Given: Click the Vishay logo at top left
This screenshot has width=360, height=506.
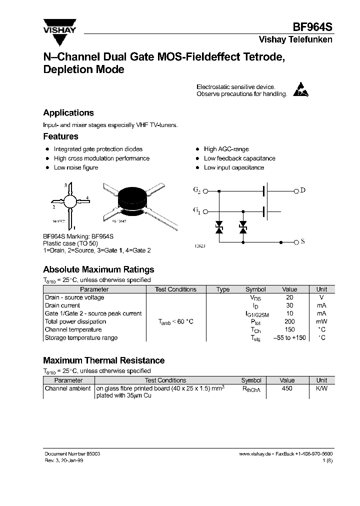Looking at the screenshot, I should coord(58,26).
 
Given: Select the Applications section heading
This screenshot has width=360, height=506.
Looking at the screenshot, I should coord(68,113).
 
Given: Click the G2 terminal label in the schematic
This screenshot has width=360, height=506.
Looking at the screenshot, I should coord(196,190).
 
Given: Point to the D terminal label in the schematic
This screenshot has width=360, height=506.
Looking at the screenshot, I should coord(303,190).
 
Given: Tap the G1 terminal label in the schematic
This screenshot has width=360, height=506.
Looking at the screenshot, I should coord(196,211).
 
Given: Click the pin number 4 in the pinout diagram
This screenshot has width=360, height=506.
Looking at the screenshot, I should coord(87,197).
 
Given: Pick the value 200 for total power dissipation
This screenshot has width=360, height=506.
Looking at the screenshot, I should coord(289,321).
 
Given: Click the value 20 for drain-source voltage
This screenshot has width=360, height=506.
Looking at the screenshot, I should coord(289,297).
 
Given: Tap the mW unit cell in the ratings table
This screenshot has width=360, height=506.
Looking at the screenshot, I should coord(321,321).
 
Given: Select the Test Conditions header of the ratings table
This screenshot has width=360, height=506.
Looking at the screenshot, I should coord(175,289).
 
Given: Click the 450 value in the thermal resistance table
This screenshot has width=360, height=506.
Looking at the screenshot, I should coord(287,388).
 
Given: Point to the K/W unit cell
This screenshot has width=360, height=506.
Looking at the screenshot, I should coord(321,388).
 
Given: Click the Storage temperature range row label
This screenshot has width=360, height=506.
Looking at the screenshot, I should coord(81,337).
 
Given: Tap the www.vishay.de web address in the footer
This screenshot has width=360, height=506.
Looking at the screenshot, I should coord(255,453).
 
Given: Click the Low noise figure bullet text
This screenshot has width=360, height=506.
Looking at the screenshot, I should coord(76,167).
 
